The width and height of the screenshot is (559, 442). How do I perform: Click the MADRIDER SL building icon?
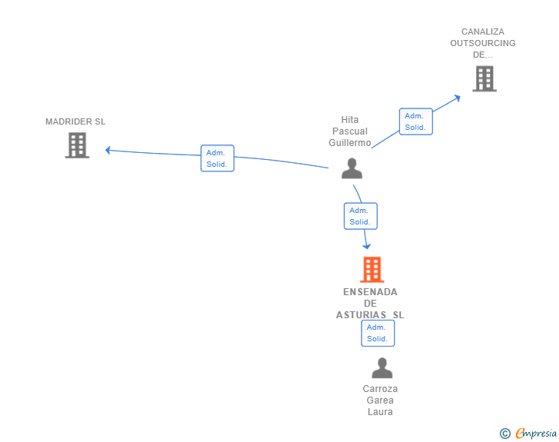[77, 145]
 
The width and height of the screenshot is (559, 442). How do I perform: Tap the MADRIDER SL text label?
[75, 121]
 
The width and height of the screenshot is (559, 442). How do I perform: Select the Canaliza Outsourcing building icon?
[484, 78]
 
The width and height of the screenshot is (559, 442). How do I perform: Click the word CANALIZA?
[483, 32]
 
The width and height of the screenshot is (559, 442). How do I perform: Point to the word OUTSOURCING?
[483, 43]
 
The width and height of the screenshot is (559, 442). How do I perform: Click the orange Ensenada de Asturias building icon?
[372, 269]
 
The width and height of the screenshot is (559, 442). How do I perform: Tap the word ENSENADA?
[370, 292]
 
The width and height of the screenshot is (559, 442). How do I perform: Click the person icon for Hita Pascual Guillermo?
[352, 168]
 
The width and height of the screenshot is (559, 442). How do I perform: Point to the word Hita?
[350, 120]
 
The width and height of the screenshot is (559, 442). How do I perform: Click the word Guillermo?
[350, 143]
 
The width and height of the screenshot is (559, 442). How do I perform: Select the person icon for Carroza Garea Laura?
[382, 368]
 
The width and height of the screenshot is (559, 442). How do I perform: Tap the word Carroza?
[380, 389]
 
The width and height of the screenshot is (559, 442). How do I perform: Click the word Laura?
[380, 412]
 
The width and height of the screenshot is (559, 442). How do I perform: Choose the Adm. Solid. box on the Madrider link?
[217, 158]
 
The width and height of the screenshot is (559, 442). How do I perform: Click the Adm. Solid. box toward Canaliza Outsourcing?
[415, 121]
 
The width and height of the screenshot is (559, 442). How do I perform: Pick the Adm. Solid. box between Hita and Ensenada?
[360, 216]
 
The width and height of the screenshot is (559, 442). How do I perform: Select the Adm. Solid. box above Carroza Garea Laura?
[378, 333]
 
